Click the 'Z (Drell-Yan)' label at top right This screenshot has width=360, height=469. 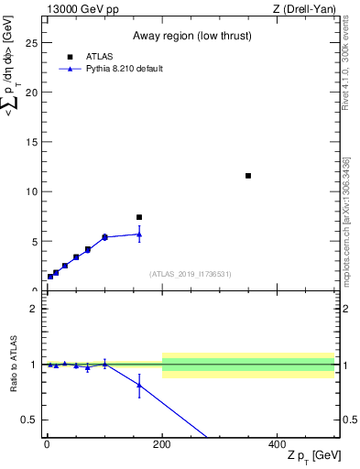(x=303, y=9)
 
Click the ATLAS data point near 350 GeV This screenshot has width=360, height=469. (x=248, y=176)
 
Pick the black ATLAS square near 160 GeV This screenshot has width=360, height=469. (x=139, y=217)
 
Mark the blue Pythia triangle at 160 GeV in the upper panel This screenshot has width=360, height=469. (x=139, y=234)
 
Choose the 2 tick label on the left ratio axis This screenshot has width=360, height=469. (x=34, y=309)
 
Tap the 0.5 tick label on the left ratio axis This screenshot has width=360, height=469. (x=31, y=420)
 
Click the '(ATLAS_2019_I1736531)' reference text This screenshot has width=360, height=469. (x=190, y=274)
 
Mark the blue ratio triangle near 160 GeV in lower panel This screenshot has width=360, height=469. (x=139, y=385)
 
